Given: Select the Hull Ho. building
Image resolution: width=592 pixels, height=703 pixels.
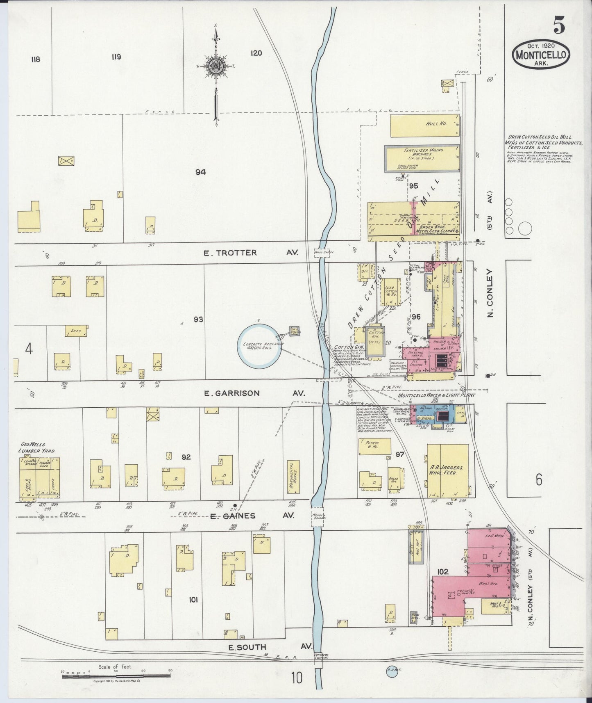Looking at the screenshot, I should point(424,126).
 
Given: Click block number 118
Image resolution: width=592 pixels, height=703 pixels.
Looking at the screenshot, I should point(35,59).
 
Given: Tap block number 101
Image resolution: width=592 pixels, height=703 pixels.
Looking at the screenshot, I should point(193,600).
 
